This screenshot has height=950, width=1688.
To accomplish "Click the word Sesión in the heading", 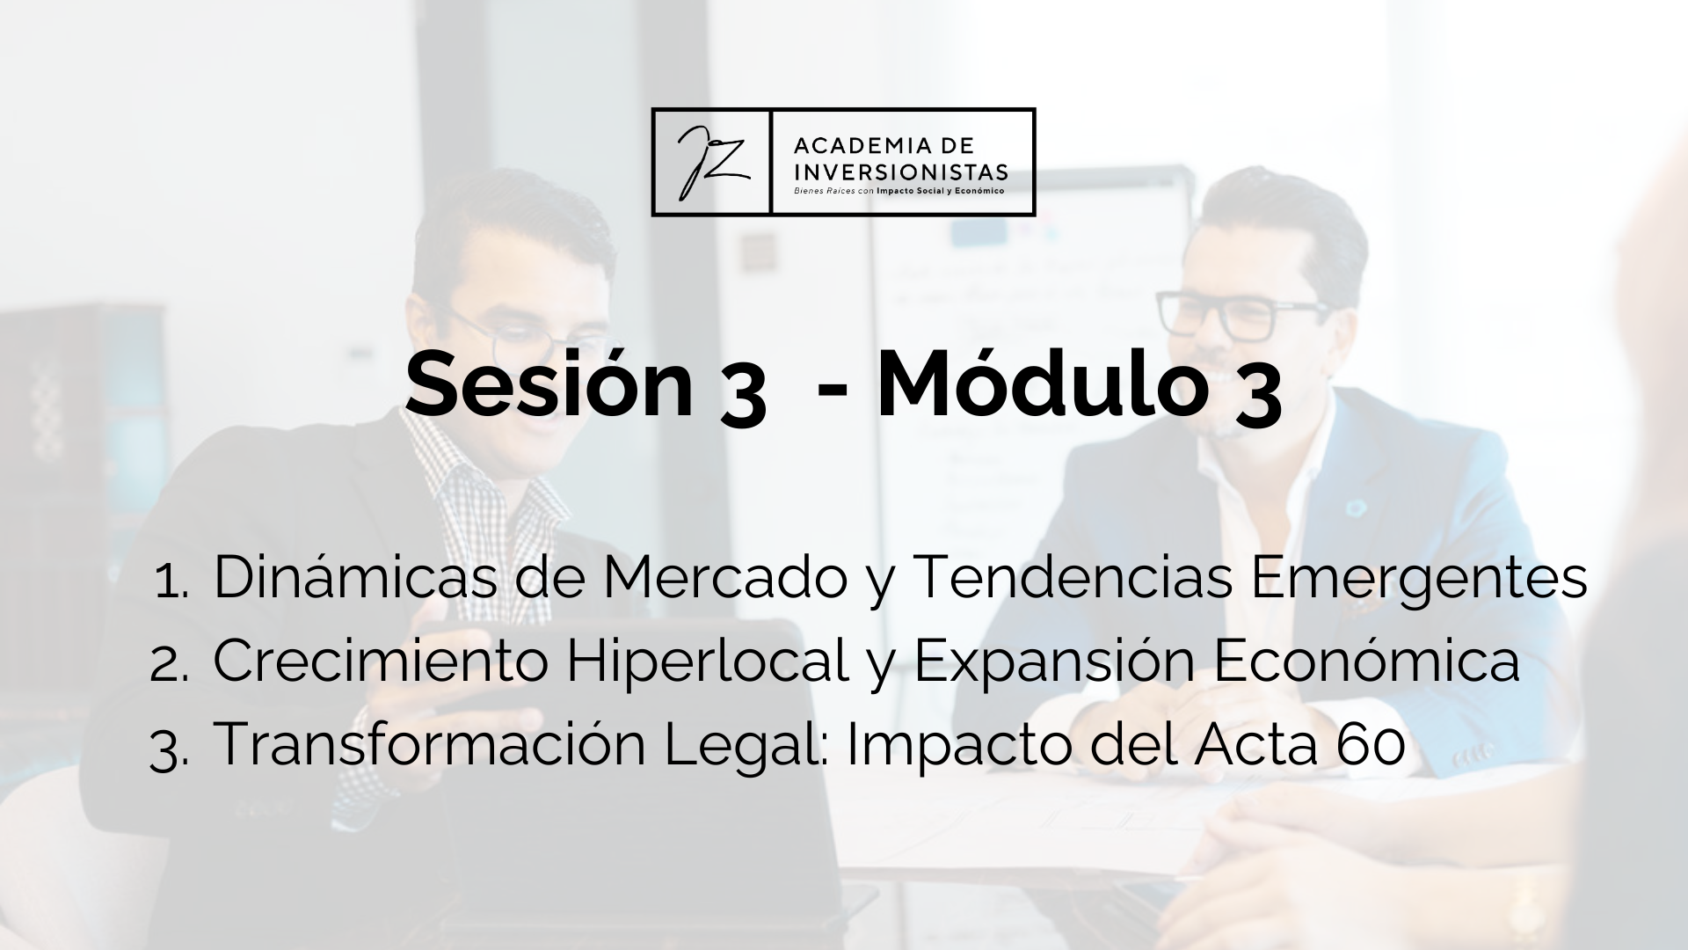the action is coord(549,384).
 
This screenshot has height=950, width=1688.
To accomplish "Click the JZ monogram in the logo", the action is coord(711,163).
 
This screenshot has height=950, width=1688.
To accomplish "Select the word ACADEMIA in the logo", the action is coord(848,144).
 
